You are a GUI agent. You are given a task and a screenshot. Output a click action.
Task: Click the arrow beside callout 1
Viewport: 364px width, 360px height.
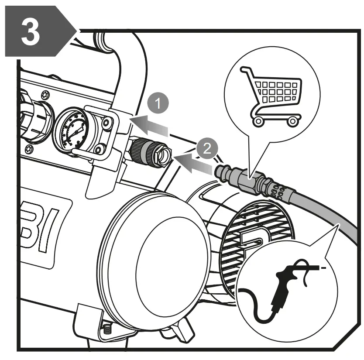coord(151,125)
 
